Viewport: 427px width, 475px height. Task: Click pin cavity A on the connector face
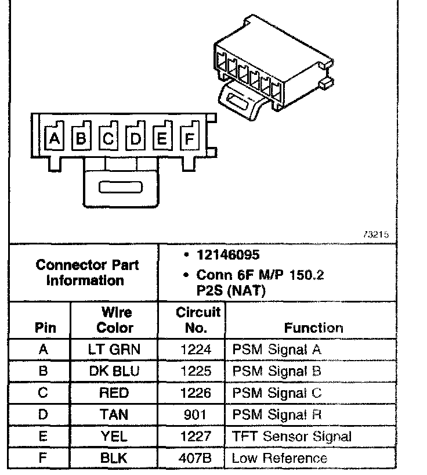tap(54, 139)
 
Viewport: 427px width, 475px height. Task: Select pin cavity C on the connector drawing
tap(108, 139)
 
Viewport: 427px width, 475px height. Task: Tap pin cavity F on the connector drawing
tap(189, 139)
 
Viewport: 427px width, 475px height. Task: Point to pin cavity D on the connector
tap(136, 139)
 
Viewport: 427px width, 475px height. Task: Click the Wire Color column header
tap(115, 320)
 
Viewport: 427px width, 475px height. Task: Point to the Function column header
tap(313, 328)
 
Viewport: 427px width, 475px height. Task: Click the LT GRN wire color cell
tap(115, 350)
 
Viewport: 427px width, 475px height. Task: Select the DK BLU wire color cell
tap(115, 371)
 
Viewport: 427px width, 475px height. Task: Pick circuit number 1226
tap(196, 393)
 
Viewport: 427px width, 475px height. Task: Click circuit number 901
tap(196, 415)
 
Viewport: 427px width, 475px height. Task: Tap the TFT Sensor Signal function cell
tap(292, 437)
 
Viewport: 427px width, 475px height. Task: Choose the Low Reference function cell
tap(280, 458)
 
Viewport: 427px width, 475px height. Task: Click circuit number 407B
tap(196, 458)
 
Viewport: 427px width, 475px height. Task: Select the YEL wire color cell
tap(115, 437)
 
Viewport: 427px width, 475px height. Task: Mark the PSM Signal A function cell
tap(277, 350)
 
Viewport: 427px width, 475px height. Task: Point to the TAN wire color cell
tap(115, 415)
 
